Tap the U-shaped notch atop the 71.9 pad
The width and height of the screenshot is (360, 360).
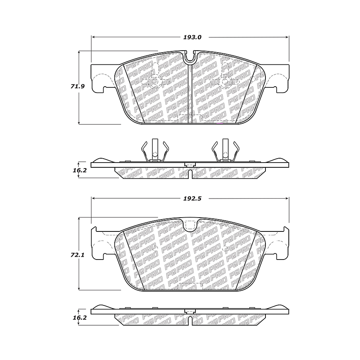pyautogui.click(x=190, y=58)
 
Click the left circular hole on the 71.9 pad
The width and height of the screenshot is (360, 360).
pyautogui.click(x=155, y=82)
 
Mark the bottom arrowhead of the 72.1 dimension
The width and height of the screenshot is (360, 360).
pyautogui.click(x=80, y=288)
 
